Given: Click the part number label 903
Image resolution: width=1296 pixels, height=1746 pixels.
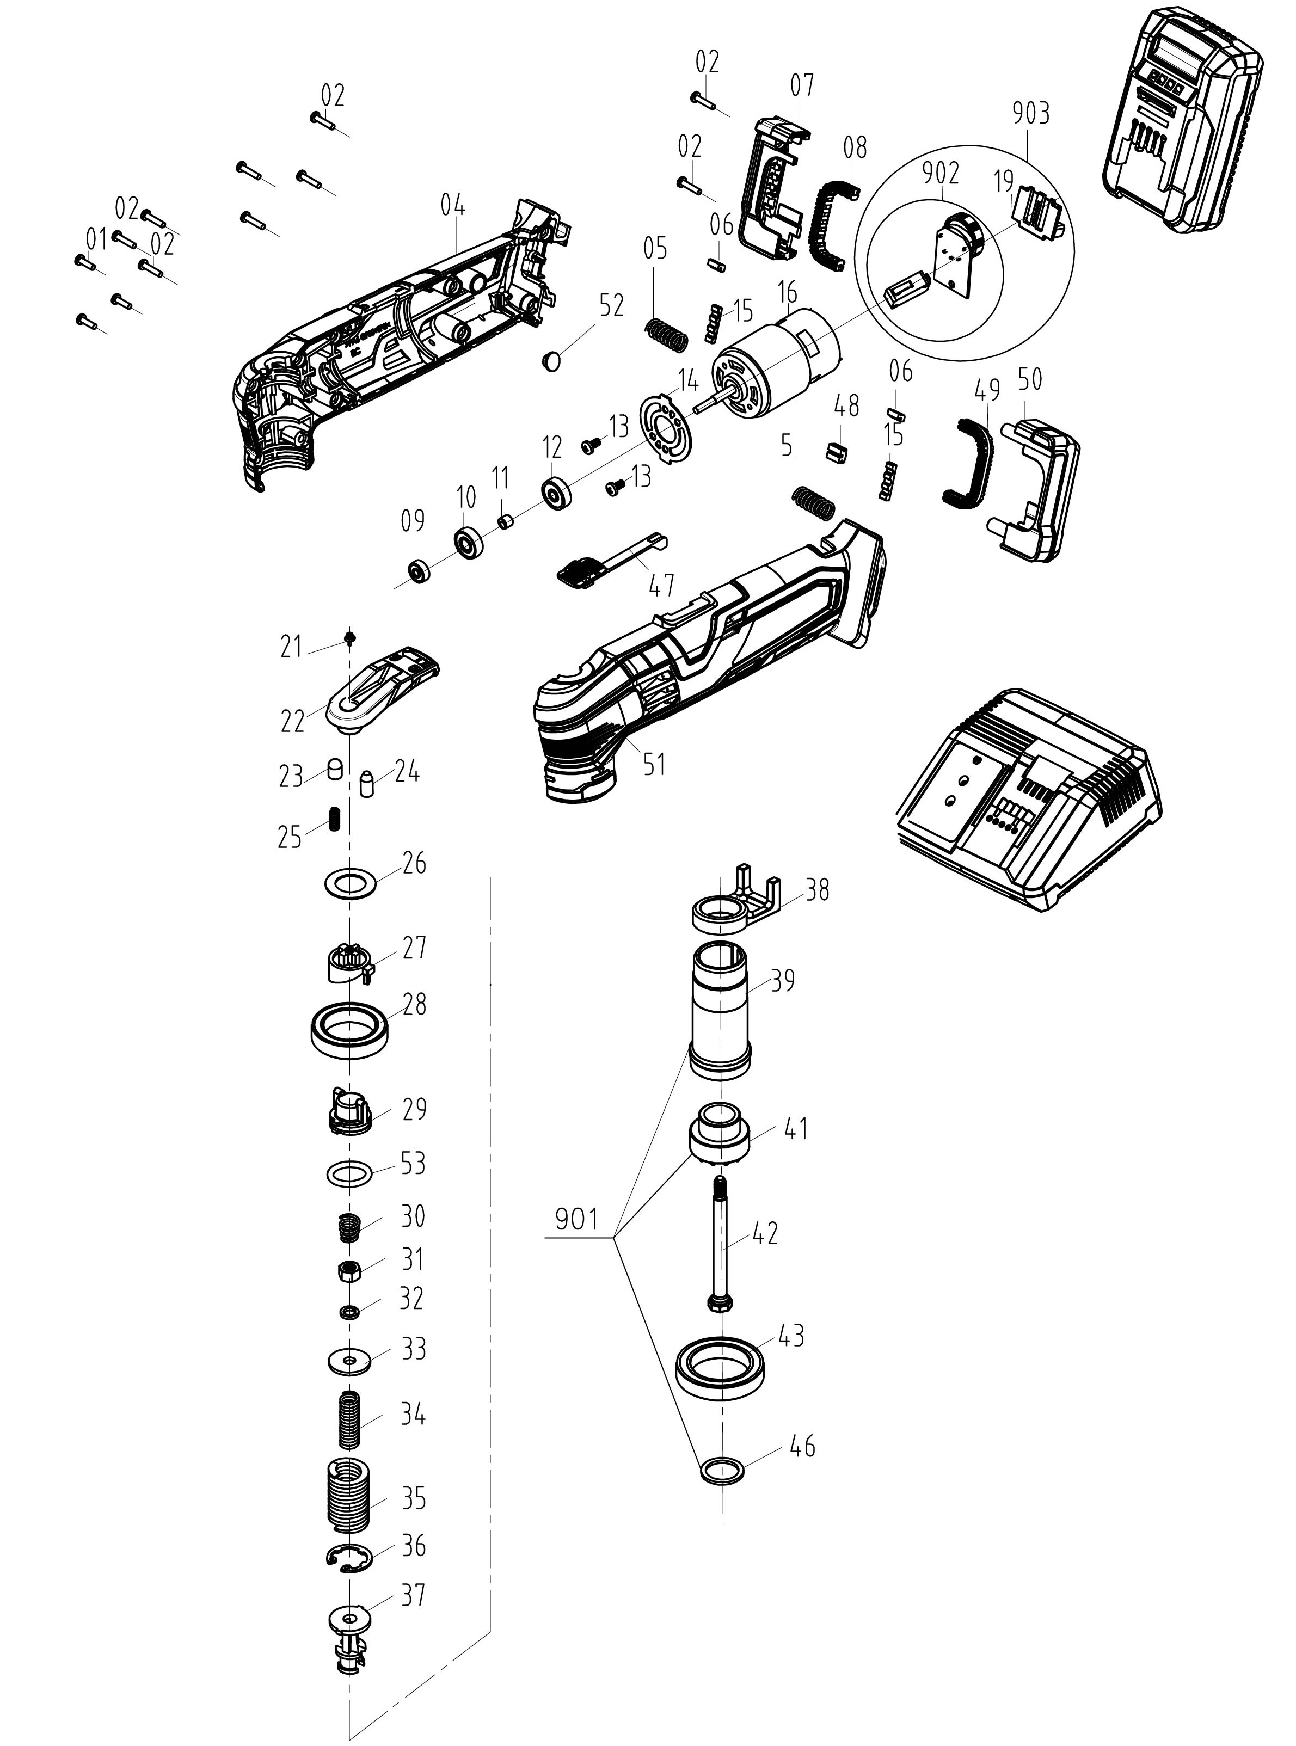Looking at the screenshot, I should [1030, 114].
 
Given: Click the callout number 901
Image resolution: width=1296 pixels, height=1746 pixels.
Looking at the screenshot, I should [576, 1220].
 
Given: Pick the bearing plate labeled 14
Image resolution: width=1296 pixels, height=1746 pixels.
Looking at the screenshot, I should [664, 427].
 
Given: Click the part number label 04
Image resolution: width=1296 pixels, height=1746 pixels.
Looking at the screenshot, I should [453, 206].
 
